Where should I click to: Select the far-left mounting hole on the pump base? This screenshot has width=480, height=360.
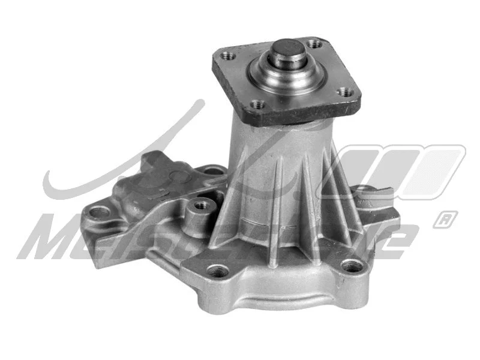tap(98, 211)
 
